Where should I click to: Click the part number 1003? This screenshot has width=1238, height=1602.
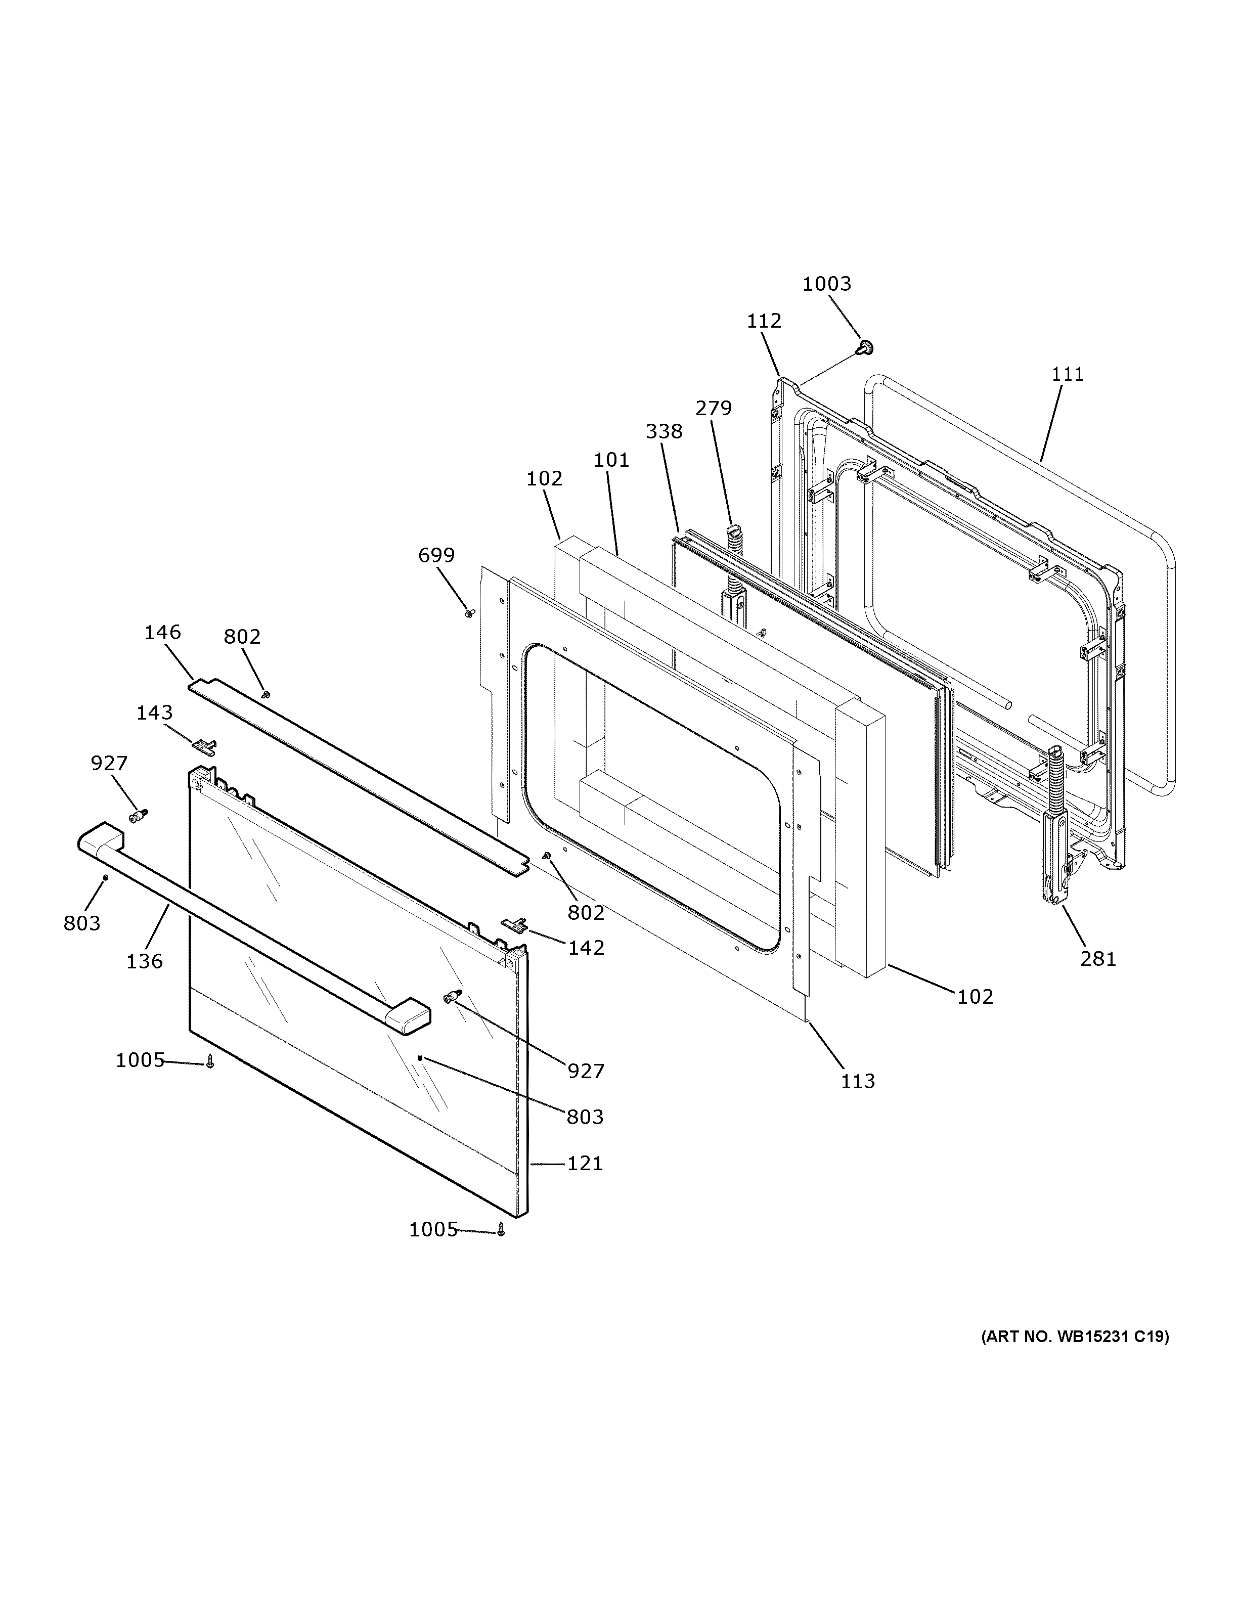pyautogui.click(x=826, y=284)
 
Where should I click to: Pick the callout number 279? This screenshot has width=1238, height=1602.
pyautogui.click(x=714, y=408)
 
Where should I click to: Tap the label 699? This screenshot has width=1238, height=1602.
pyautogui.click(x=436, y=555)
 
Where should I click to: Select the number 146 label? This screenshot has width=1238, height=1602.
pyautogui.click(x=162, y=632)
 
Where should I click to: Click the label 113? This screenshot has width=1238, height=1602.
pyautogui.click(x=857, y=1081)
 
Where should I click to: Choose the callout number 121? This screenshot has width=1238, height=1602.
pyautogui.click(x=585, y=1164)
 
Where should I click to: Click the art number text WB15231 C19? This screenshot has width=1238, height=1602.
pyautogui.click(x=1075, y=1337)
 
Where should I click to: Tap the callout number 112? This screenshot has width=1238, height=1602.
pyautogui.click(x=764, y=321)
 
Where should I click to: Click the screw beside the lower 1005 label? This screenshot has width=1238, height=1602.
pyautogui.click(x=502, y=1229)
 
